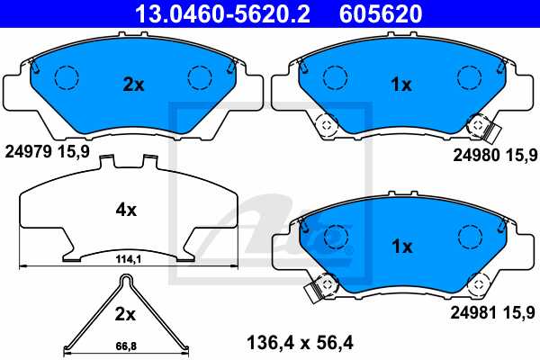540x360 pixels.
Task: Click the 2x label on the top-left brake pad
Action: [x=133, y=85]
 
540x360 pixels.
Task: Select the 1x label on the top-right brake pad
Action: [x=400, y=85]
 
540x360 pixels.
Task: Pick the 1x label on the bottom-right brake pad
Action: [x=400, y=246]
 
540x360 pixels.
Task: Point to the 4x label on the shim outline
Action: [x=126, y=210]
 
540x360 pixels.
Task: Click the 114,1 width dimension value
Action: [x=127, y=260]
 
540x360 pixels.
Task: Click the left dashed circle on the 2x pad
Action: [x=66, y=78]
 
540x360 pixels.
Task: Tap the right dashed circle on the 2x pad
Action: [x=198, y=78]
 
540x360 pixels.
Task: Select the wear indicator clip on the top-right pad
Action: [x=489, y=133]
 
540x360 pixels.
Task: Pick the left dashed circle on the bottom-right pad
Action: [x=334, y=237]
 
